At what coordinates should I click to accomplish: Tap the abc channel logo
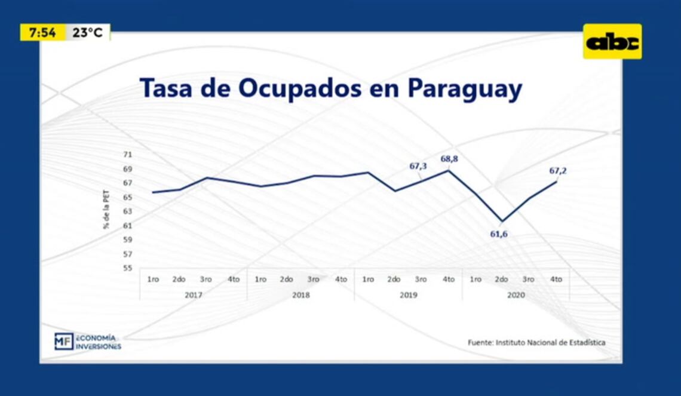[x=612, y=42]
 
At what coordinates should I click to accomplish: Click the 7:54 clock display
[x=42, y=33]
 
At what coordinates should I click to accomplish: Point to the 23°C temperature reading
[x=87, y=33]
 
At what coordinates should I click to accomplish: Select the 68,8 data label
[x=449, y=159]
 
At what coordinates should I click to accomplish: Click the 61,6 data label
[x=499, y=234]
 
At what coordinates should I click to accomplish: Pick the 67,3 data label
[x=418, y=166]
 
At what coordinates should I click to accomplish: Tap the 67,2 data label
[x=557, y=171]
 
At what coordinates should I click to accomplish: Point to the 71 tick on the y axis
[x=128, y=155]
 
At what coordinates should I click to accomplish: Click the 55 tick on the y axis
[x=128, y=268]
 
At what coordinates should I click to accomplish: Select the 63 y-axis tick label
[x=128, y=211]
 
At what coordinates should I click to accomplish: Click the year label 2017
[x=193, y=295]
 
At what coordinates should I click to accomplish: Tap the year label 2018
[x=300, y=295]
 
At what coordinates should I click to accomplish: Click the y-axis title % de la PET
[x=107, y=210]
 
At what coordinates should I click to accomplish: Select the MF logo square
[x=63, y=341]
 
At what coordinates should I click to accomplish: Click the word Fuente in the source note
[x=480, y=343]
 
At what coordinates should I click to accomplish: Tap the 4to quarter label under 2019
[x=448, y=279]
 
